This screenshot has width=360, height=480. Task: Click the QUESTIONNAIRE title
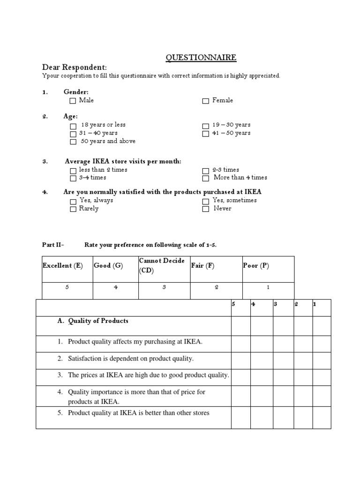[x=201, y=58]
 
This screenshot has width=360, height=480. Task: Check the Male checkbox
[x=73, y=101]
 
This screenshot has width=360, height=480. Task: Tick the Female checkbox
[x=206, y=101]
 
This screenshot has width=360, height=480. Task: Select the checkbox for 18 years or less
[x=73, y=126]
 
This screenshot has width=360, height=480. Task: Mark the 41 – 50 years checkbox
[x=206, y=134]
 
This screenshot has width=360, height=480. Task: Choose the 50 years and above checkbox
[x=73, y=142]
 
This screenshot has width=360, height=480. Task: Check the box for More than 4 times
[x=206, y=178]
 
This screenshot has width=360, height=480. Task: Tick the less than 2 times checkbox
[x=73, y=170]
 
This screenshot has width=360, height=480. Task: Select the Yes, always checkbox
[x=73, y=201]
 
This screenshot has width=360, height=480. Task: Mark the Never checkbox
[x=206, y=209]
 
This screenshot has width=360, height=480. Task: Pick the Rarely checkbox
[x=73, y=209]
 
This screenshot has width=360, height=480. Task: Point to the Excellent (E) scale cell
[x=63, y=266]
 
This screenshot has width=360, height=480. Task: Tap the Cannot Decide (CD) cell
[x=162, y=265]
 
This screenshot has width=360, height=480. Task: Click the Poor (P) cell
[x=256, y=266]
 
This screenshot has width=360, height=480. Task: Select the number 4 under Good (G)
[x=116, y=288]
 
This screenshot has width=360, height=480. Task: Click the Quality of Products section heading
[x=98, y=321]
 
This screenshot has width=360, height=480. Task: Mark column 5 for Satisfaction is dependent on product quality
[x=240, y=359]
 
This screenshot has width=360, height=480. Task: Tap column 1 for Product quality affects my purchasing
[x=322, y=342]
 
